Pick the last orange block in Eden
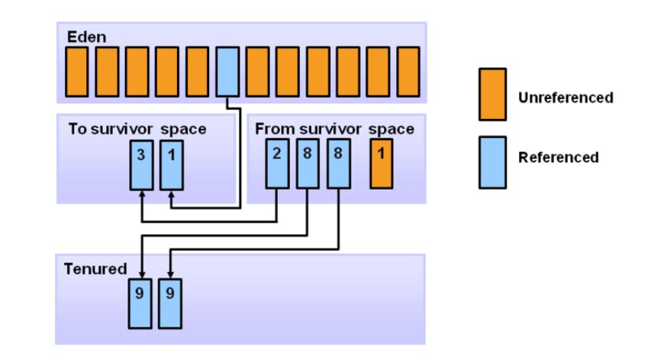pyautogui.click(x=408, y=71)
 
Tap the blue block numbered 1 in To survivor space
pyautogui.click(x=171, y=165)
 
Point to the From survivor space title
pyautogui.click(x=334, y=129)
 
